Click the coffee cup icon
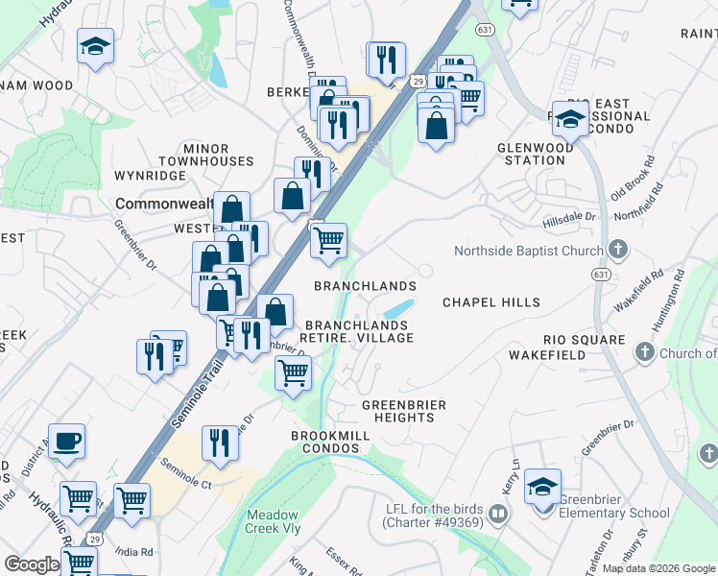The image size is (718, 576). [66, 442]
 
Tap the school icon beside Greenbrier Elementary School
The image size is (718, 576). [543, 487]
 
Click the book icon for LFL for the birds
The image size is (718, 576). [497, 514]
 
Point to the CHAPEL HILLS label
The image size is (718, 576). [491, 302]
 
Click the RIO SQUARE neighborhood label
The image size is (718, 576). [584, 341]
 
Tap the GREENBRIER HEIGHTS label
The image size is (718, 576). [404, 412]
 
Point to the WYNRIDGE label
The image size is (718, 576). [149, 177]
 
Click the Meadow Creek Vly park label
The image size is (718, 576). [274, 521]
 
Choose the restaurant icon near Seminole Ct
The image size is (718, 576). [219, 444]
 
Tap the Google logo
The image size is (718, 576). [32, 564]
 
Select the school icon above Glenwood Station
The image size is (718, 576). [570, 120]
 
